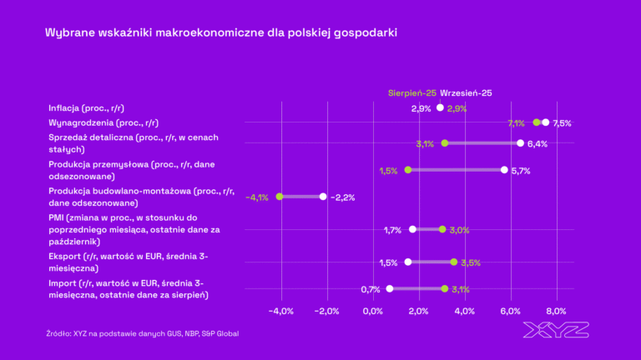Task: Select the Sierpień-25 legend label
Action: click(x=412, y=92)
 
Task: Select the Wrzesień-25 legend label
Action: click(x=466, y=92)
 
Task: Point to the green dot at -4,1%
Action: click(x=280, y=197)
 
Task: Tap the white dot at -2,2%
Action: click(x=323, y=197)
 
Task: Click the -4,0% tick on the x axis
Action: click(x=280, y=311)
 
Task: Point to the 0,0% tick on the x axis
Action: click(x=372, y=311)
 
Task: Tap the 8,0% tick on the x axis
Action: click(x=555, y=311)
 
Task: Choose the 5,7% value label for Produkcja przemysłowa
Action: click(x=521, y=170)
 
